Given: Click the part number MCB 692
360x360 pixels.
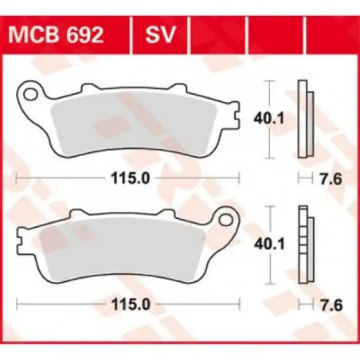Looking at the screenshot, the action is [x=56, y=35].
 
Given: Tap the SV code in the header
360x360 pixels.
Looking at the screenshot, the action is [x=160, y=35].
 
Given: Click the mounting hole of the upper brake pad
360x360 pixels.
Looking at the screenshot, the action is [x=30, y=94].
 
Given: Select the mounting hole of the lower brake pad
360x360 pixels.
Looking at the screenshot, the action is [x=226, y=220].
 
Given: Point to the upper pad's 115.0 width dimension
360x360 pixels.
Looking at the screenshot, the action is [x=131, y=178].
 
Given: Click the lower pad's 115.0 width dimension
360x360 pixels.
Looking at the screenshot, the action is [x=131, y=304].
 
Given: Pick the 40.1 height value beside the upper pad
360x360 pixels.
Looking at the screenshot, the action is [x=269, y=119].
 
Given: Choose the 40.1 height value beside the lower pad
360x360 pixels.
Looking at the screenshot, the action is [x=269, y=245].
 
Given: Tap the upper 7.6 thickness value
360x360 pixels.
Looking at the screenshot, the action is [x=331, y=179].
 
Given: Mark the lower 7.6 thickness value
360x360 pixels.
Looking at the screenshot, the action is [x=331, y=305].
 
